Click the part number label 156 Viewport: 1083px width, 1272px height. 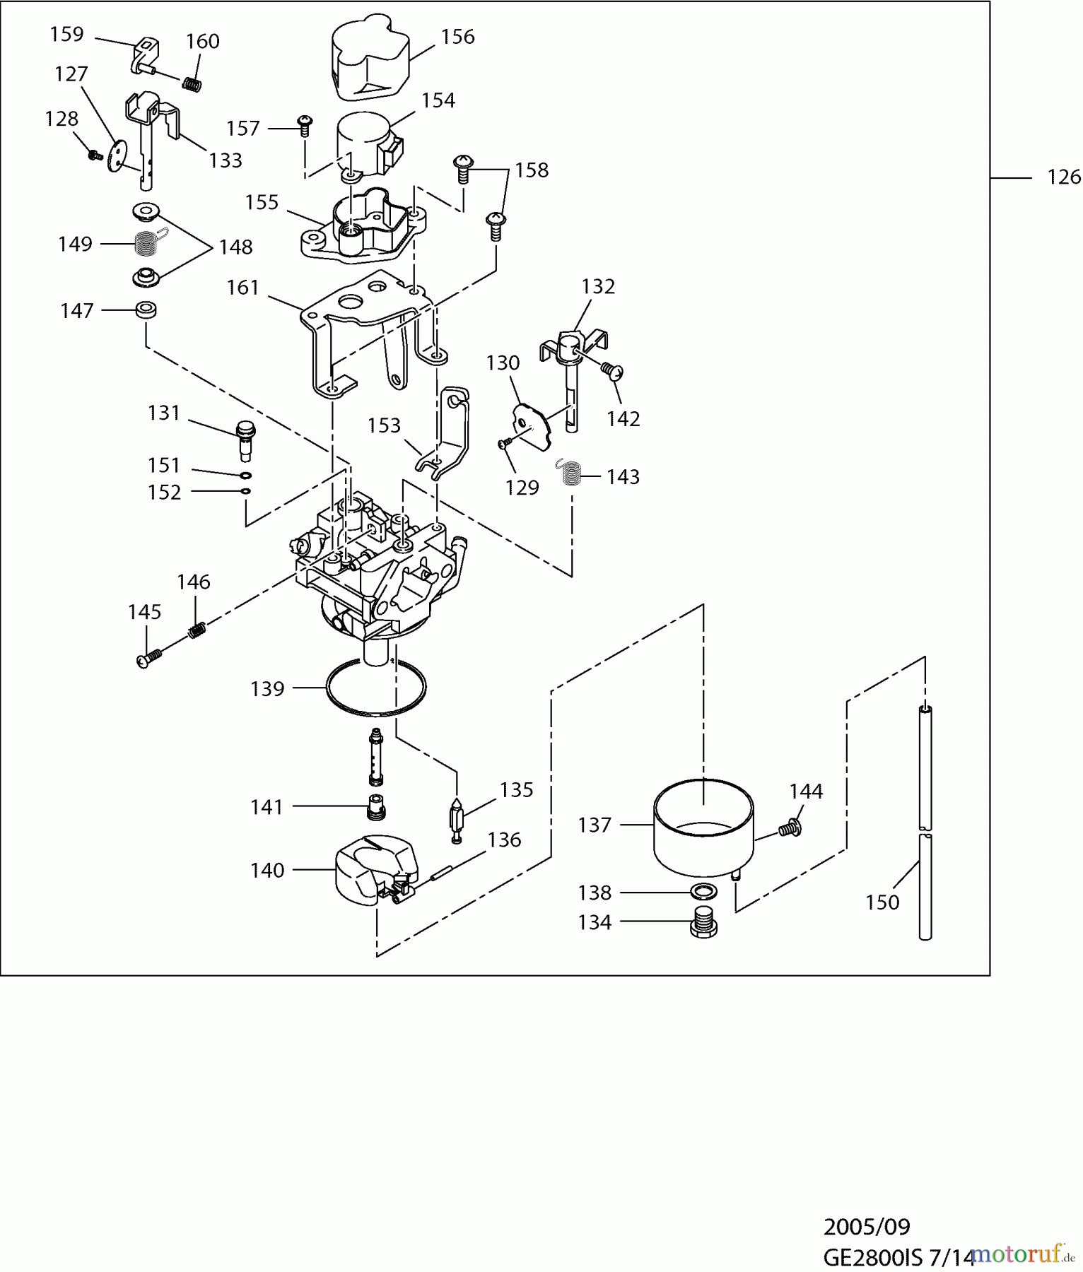tap(457, 37)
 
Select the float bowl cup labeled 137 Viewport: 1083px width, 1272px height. tap(703, 827)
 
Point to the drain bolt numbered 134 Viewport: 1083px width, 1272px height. tap(703, 922)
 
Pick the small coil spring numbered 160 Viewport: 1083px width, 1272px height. tap(192, 84)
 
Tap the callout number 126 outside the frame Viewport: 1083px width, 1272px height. tap(1063, 177)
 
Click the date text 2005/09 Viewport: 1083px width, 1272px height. tap(867, 1227)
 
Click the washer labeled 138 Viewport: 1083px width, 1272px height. tap(702, 892)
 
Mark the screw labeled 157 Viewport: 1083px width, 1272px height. tap(305, 126)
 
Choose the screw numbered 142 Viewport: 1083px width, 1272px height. tap(612, 370)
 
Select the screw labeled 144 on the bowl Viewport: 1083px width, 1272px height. tap(790, 828)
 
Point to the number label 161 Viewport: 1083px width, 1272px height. tap(242, 288)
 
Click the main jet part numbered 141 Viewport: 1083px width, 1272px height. tap(376, 807)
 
